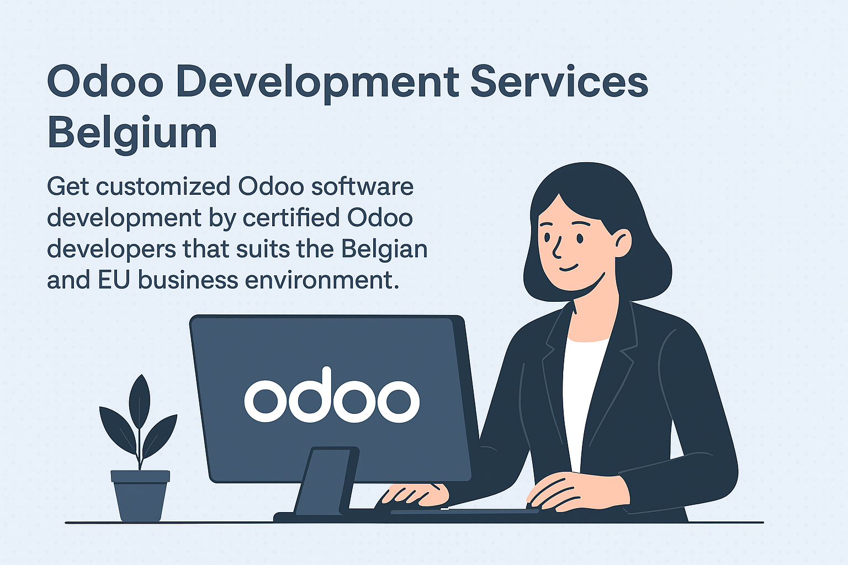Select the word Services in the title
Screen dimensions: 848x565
(x=559, y=81)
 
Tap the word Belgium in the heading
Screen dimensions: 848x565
(x=132, y=133)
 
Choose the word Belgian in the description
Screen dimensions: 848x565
(x=384, y=250)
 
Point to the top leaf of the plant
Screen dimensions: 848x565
(x=139, y=401)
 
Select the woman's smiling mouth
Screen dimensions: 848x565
(x=569, y=268)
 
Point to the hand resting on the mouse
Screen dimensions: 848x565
(x=415, y=495)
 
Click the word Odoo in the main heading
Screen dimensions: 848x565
(x=105, y=82)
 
